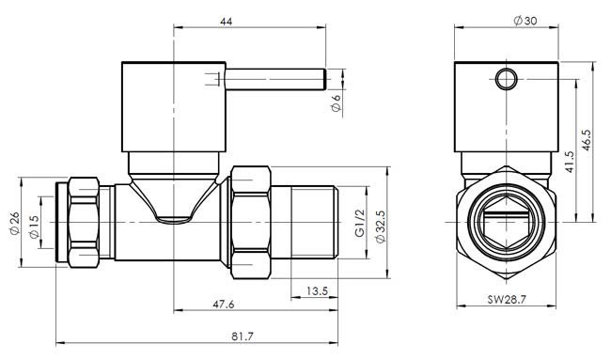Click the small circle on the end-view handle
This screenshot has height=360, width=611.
(x=507, y=79)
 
